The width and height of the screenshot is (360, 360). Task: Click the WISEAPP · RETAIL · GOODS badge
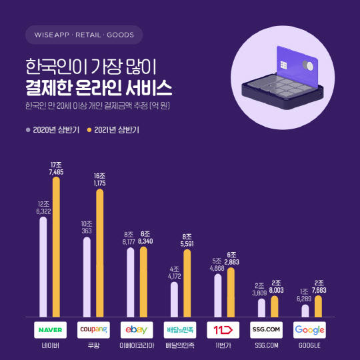pos(83,34)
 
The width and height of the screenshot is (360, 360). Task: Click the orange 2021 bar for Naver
pos(57,247)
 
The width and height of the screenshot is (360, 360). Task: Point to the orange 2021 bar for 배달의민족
pos(187,283)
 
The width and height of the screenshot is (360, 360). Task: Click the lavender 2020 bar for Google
pos(305,310)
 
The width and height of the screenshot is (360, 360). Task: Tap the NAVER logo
pos(50,330)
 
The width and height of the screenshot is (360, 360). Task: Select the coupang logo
pos(93,330)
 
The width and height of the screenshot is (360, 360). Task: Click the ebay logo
pos(137,330)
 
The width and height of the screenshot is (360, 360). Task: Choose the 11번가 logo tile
pos(223,330)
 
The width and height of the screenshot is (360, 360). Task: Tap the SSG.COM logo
pos(267,330)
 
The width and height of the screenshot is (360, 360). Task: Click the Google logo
pos(310,330)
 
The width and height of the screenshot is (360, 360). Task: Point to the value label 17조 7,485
pos(57,168)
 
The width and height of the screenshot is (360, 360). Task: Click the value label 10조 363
pos(87,227)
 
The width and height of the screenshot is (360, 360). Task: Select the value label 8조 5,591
pos(187,241)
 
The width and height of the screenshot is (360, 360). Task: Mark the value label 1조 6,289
pos(305,295)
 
